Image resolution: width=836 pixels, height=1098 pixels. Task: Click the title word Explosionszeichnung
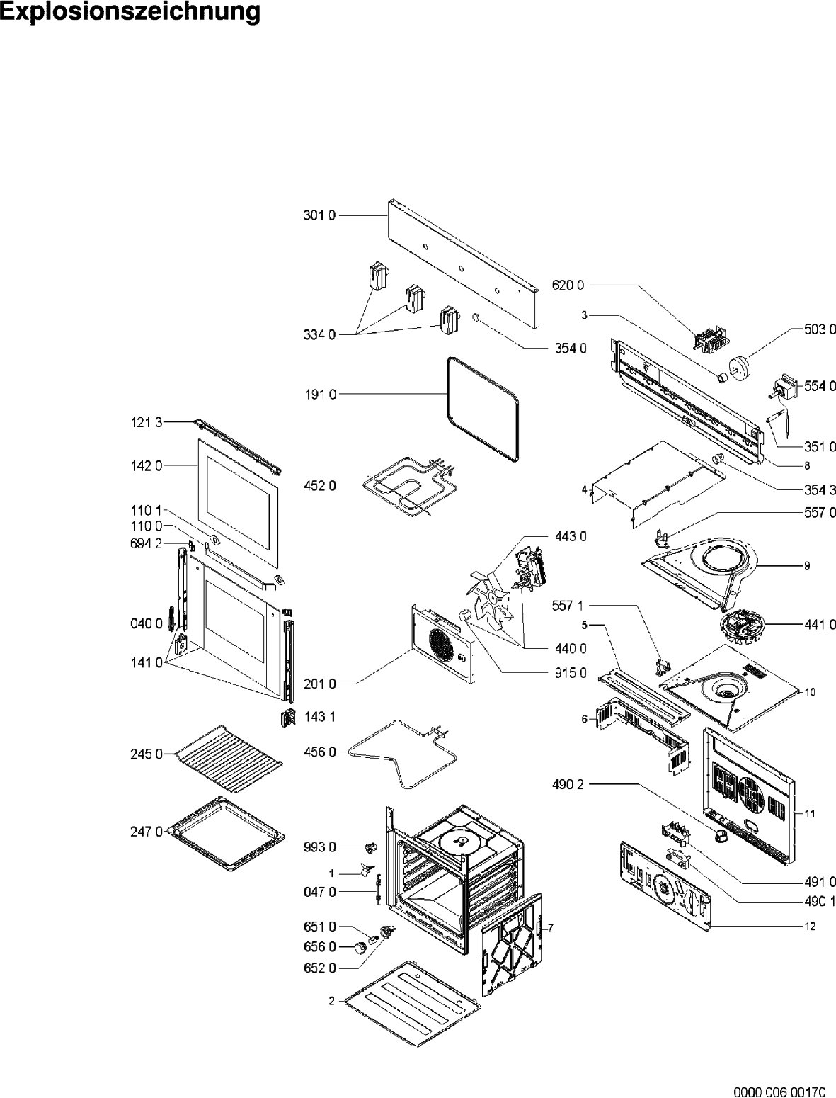pyautogui.click(x=130, y=11)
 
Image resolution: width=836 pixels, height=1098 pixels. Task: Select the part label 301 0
pyautogui.click(x=319, y=215)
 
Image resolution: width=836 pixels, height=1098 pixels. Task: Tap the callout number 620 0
pyautogui.click(x=568, y=285)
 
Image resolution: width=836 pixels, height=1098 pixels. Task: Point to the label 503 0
pyautogui.click(x=820, y=329)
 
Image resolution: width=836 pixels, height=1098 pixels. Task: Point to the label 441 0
pyautogui.click(x=820, y=624)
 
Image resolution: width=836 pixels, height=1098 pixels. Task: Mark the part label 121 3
pyautogui.click(x=147, y=423)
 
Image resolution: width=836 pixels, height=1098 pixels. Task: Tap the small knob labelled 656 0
pyautogui.click(x=360, y=947)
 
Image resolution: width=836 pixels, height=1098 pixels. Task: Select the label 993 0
pyautogui.click(x=320, y=847)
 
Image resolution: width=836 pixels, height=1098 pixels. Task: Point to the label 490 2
pyautogui.click(x=568, y=784)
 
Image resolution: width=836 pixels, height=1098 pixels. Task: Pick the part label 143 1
pyautogui.click(x=320, y=717)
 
